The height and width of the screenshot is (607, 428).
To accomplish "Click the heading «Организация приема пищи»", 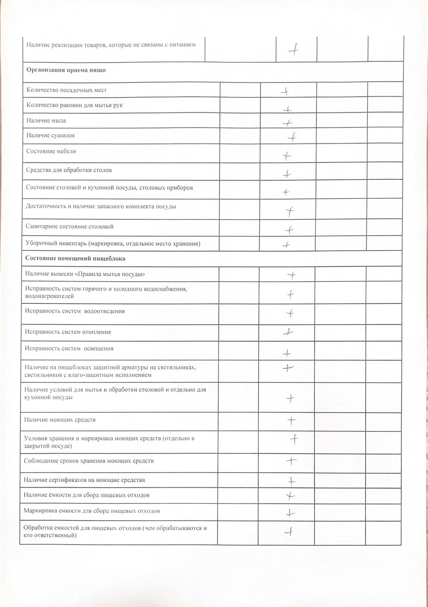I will pyautogui.click(x=66, y=70).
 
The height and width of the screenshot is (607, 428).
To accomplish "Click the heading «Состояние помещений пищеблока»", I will pyautogui.click(x=75, y=258).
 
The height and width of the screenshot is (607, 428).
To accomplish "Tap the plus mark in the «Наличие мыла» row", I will pyautogui.click(x=288, y=123).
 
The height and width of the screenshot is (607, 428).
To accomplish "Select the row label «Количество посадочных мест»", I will pyautogui.click(x=66, y=90).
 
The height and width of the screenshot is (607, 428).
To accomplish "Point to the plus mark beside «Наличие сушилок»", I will pyautogui.click(x=292, y=137).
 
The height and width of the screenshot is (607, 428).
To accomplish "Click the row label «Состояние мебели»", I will pyautogui.click(x=51, y=151).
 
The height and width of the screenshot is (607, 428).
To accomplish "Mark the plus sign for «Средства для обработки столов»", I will pyautogui.click(x=287, y=174).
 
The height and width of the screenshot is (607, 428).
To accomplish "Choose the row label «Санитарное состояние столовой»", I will pyautogui.click(x=69, y=227).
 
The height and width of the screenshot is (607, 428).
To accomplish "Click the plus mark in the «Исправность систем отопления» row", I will pyautogui.click(x=288, y=332).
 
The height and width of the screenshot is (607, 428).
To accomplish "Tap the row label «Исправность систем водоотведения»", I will pyautogui.click(x=75, y=311).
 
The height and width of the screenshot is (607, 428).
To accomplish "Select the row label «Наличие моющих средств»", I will pyautogui.click(x=59, y=420).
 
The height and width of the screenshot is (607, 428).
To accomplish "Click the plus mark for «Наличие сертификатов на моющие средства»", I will pyautogui.click(x=291, y=481).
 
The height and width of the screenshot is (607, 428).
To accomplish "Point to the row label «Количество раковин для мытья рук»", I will pyautogui.click(x=74, y=105).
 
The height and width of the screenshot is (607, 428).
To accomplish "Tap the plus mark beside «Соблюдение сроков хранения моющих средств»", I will pyautogui.click(x=291, y=461).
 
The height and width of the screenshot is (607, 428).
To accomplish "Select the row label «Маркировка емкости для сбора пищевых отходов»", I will pyautogui.click(x=91, y=511).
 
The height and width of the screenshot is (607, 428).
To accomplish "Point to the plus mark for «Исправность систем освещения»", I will pyautogui.click(x=287, y=354).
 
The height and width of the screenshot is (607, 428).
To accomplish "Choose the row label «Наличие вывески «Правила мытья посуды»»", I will pyautogui.click(x=85, y=274).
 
